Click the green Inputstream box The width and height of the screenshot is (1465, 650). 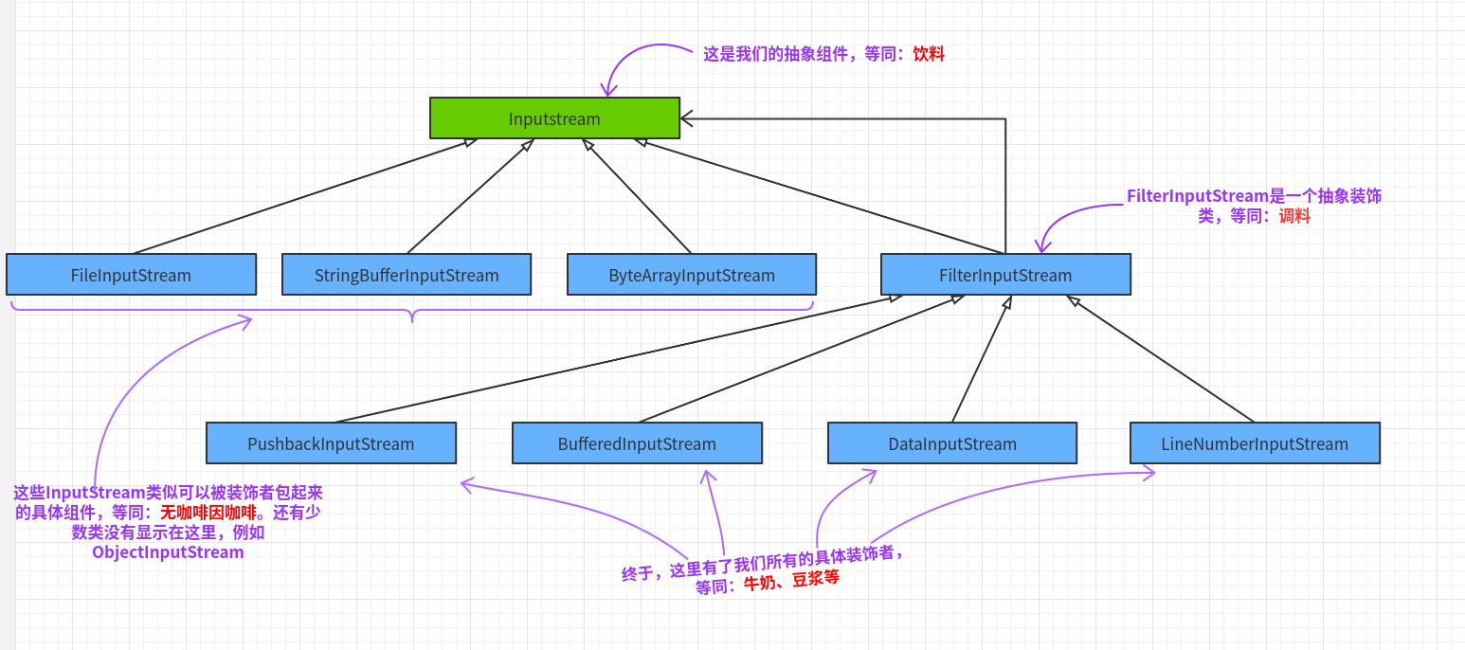554,118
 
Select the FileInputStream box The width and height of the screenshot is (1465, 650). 131,275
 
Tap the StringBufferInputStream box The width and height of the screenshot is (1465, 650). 407,275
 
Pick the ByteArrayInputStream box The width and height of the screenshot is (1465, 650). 692,275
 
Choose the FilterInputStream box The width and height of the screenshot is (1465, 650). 1005,275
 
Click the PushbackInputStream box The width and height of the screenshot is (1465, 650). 331,443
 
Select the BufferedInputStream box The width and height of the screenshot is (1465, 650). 637,443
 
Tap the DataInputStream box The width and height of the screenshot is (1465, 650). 952,443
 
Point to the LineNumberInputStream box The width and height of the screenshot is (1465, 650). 1255,443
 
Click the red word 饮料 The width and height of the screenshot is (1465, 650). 929,54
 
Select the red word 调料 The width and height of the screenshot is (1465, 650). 1294,216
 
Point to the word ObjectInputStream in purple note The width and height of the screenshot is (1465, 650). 168,552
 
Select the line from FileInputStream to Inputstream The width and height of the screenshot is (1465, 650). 303,196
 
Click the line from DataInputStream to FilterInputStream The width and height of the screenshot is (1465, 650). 982,359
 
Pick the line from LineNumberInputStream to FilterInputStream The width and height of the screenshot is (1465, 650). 1160,359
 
